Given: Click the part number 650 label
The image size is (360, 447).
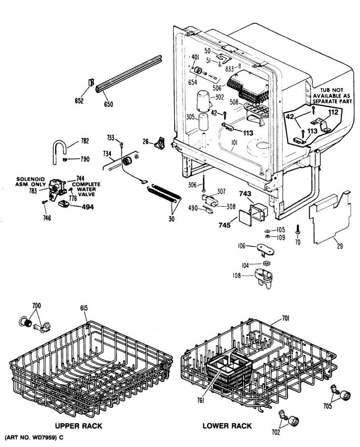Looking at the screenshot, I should tap(108, 104).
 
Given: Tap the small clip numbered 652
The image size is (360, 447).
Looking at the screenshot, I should tap(91, 83).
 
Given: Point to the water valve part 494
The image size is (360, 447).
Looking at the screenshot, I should tap(64, 203).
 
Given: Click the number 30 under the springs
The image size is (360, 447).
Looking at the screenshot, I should tap(171, 219).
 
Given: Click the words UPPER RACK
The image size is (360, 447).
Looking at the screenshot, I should tap(79, 426).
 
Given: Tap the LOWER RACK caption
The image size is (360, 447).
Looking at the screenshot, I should tap(227, 426).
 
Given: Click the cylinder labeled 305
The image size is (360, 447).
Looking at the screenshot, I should tap(203, 123).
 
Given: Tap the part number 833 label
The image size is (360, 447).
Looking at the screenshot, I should tap(230, 69).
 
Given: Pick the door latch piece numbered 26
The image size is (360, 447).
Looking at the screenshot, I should tap(161, 143).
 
